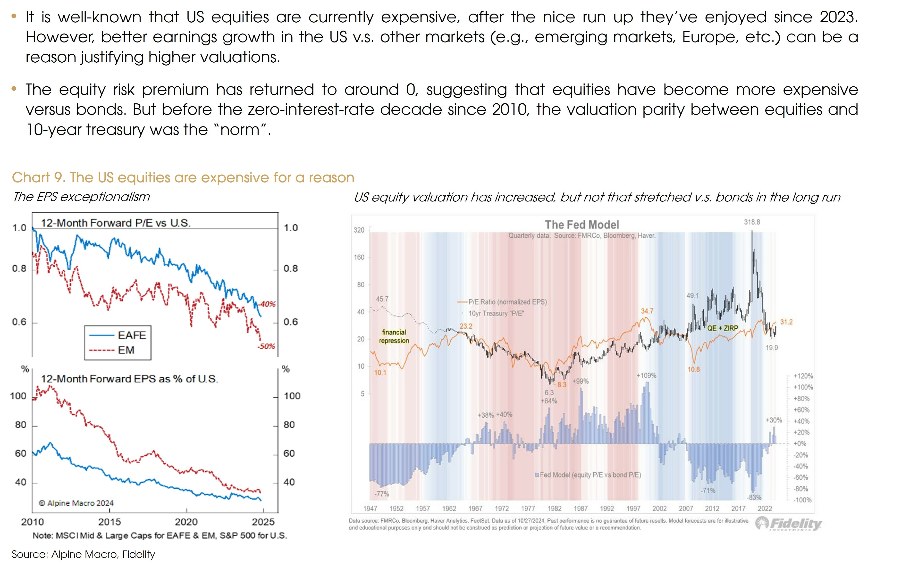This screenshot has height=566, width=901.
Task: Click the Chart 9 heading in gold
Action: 183,178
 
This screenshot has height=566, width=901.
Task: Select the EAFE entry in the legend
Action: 131,335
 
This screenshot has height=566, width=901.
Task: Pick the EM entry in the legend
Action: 126,350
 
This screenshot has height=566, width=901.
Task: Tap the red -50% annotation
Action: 266,346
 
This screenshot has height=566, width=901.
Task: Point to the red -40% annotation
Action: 268,304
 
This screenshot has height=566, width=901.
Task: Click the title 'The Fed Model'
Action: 581,225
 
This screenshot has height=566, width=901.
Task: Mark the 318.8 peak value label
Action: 752,222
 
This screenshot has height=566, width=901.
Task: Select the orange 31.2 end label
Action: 786,322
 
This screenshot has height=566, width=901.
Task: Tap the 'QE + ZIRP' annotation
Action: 723,328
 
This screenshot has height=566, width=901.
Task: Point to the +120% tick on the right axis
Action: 803,376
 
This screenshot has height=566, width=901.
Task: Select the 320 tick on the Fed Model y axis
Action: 359,230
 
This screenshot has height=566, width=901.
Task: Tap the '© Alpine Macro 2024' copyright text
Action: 76,503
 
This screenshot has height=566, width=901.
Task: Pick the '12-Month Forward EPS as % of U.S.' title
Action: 129,379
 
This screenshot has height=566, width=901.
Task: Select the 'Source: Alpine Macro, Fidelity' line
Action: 83,554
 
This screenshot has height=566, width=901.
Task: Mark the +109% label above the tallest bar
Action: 646,375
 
